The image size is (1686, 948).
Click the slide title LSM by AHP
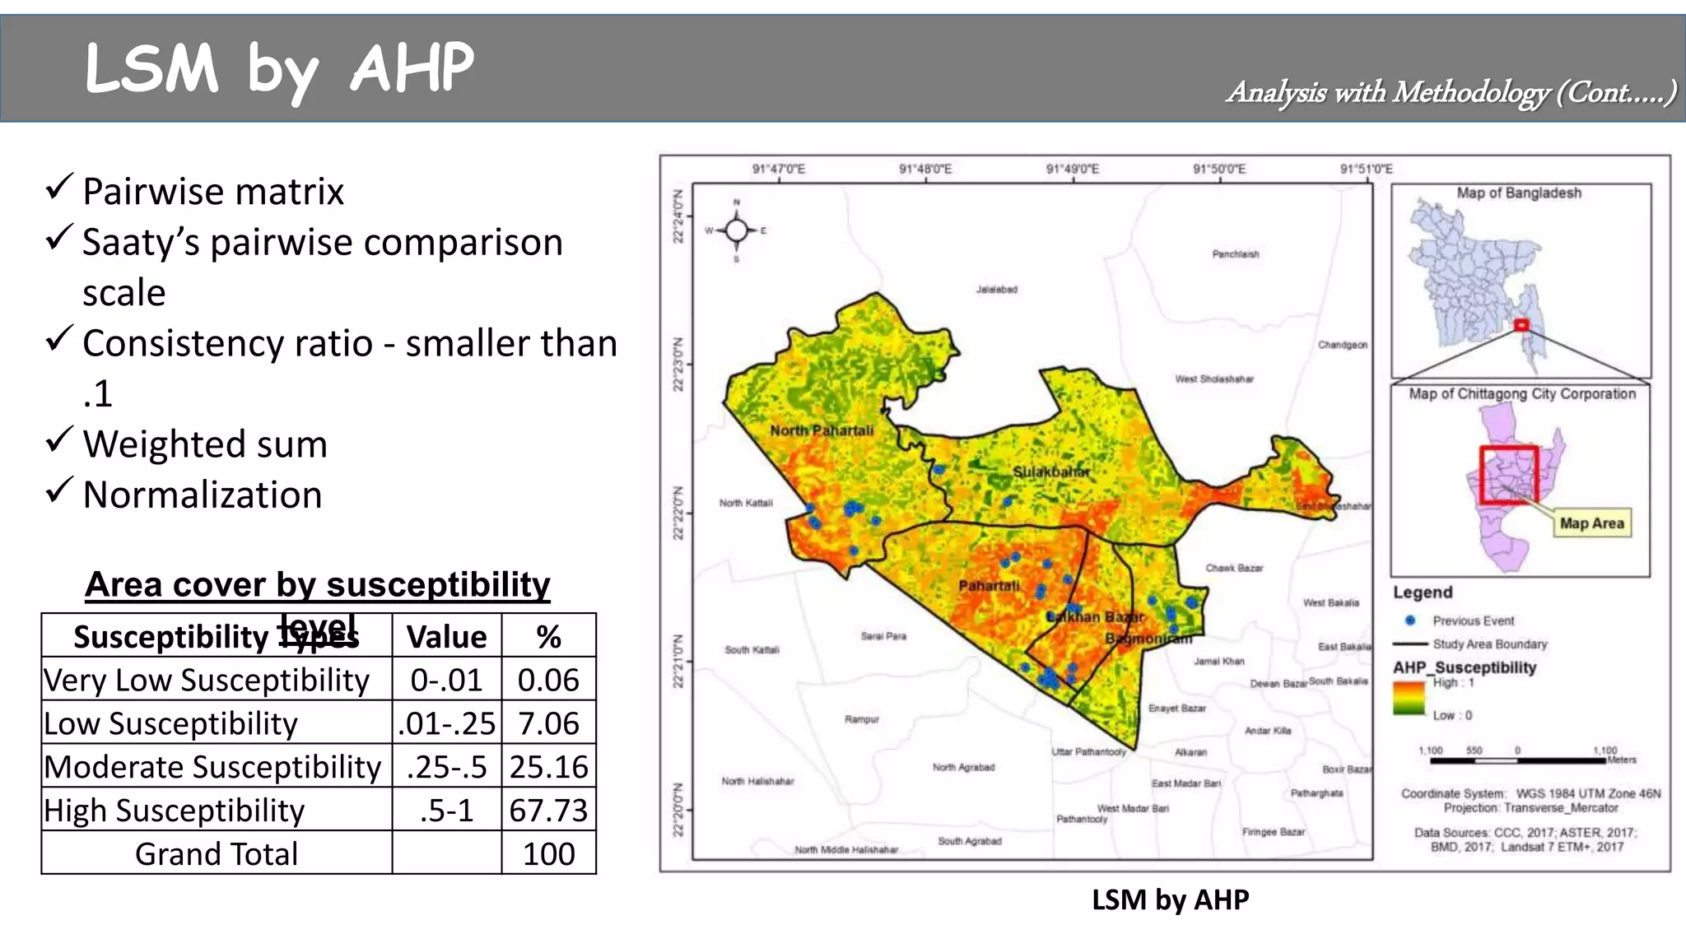tap(279, 69)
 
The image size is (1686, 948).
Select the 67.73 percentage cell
tap(548, 811)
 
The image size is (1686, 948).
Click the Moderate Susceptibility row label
tap(212, 767)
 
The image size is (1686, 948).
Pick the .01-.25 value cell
tap(446, 723)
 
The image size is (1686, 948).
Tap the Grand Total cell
tap(217, 854)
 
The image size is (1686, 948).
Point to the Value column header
tap(446, 637)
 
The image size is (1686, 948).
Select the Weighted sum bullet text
tap(205, 444)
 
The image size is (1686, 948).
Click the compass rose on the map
tap(737, 230)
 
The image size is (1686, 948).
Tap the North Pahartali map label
tap(822, 430)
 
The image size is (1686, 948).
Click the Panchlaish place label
tap(1235, 254)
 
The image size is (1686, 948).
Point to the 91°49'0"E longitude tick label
tap(1072, 170)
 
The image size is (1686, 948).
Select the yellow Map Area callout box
tap(1591, 523)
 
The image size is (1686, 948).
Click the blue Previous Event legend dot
tap(1410, 620)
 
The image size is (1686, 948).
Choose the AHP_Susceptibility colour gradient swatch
tap(1409, 699)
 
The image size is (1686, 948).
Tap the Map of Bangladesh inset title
tap(1519, 193)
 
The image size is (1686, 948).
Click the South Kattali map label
tap(751, 650)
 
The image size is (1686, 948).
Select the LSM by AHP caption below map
tap(1170, 899)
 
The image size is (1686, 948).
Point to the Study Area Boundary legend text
tap(1489, 644)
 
